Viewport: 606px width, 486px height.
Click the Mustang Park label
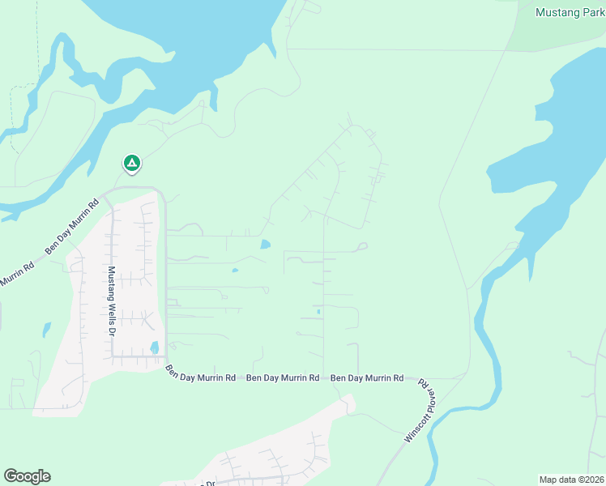coord(570,12)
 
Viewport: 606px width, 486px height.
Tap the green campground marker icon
coord(131,164)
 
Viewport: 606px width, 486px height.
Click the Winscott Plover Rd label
coord(422,411)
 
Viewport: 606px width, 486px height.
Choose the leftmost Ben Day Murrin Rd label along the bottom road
coord(200,375)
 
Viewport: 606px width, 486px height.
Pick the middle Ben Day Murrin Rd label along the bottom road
coord(282,378)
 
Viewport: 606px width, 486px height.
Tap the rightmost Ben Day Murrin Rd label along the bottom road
coord(367,378)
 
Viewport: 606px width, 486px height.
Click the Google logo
coord(27,476)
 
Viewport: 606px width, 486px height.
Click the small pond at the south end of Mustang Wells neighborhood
coord(154,348)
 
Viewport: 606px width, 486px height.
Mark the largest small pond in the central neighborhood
coord(266,244)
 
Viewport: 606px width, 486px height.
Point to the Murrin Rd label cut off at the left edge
coord(16,275)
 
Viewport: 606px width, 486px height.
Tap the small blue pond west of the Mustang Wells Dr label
coord(46,330)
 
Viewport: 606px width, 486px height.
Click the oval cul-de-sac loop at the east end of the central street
coord(362,246)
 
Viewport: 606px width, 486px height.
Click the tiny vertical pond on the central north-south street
coord(318,312)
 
